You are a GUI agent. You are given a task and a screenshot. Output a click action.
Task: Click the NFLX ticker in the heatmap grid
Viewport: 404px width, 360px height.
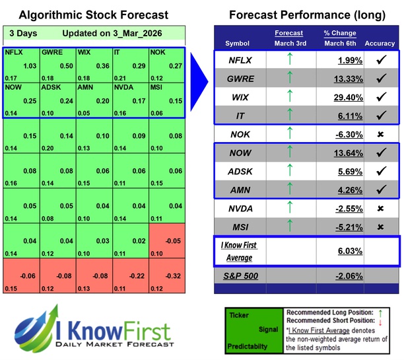coord(13,50)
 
